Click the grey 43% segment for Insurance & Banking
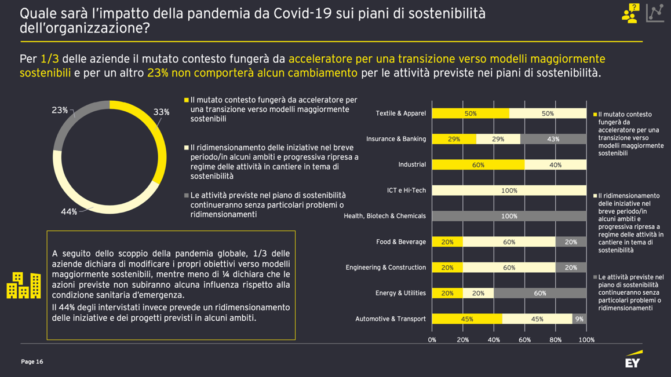pyautogui.click(x=553, y=139)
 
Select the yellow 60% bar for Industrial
pyautogui.click(x=478, y=165)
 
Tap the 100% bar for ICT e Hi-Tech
pyautogui.click(x=509, y=191)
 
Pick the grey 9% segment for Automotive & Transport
pyautogui.click(x=579, y=319)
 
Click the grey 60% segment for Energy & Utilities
pyautogui.click(x=539, y=293)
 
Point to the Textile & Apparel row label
pyautogui.click(x=400, y=114)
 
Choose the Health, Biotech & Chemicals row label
pyautogui.click(x=385, y=216)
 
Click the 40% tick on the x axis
pyautogui.click(x=494, y=340)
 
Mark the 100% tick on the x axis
pyautogui.click(x=586, y=340)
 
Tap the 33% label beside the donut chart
pyautogui.click(x=161, y=112)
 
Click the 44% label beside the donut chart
pyautogui.click(x=69, y=212)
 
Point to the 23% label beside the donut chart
pyautogui.click(x=60, y=110)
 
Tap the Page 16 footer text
pyautogui.click(x=32, y=362)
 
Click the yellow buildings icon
pyautogui.click(x=24, y=286)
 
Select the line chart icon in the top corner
pyautogui.click(x=655, y=13)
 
